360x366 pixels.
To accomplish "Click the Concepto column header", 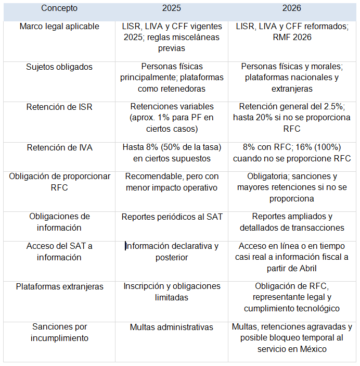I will click(59, 8).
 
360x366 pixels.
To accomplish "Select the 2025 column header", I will click(171, 8).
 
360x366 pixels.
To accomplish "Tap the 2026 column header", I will click(292, 8).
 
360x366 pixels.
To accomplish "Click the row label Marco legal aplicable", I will click(59, 27).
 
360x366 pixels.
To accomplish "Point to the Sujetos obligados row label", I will click(59, 67).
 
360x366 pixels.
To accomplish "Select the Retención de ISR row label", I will click(59, 107).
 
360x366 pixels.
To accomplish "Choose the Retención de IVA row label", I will click(59, 147).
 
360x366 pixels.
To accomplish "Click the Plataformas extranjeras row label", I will click(59, 286).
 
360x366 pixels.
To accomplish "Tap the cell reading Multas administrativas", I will click(171, 327).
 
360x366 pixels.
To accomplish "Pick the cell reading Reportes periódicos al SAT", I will click(171, 217).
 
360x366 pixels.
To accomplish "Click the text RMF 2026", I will click(292, 37).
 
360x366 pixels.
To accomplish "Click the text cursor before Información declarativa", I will click(125, 246).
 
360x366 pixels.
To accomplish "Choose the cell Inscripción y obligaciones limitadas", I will click(171, 292).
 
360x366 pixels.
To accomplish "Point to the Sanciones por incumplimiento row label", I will click(59, 332).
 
